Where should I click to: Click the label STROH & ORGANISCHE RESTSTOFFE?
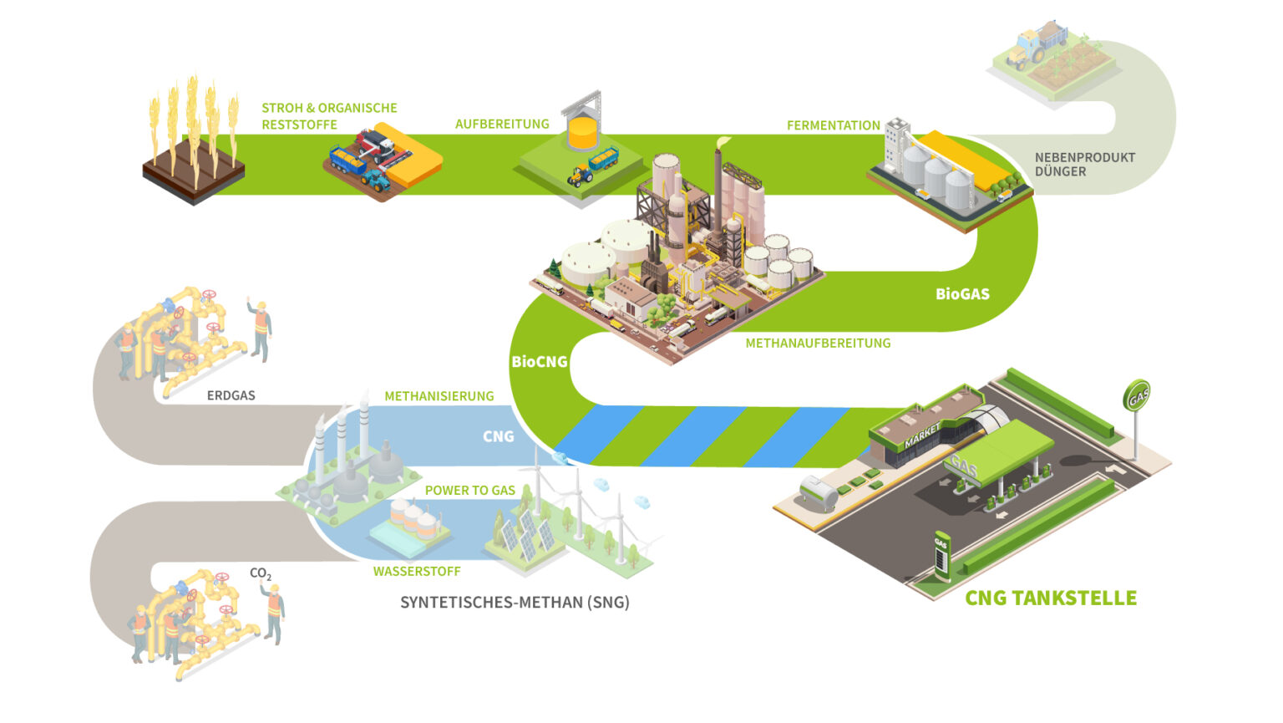tap(329, 116)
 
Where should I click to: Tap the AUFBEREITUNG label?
tap(502, 124)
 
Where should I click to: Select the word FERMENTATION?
tap(833, 125)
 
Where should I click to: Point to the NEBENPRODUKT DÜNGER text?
tap(1084, 164)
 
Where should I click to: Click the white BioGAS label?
tap(962, 294)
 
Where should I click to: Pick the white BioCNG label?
tap(539, 362)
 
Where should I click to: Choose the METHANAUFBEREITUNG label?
tap(818, 343)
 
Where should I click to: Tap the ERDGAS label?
tap(231, 395)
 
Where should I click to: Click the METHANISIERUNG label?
tap(439, 396)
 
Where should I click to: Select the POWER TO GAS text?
tap(470, 491)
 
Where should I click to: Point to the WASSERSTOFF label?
tap(417, 572)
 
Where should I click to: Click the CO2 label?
tap(261, 574)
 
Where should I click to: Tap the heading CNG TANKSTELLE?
tap(1050, 598)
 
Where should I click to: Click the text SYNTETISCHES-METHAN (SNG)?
tap(515, 602)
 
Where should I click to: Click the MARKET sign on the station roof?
tap(921, 435)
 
